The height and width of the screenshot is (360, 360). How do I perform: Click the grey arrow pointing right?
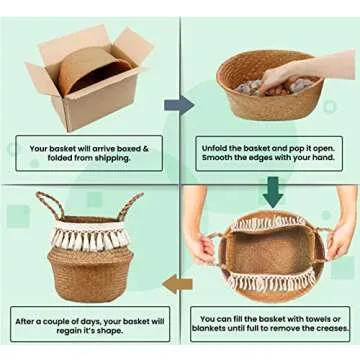pos(178,105)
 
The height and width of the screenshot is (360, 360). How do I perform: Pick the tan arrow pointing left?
pos(178,284)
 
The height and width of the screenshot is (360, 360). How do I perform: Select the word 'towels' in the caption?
pos(321,323)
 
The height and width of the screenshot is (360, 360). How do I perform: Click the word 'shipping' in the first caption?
pos(113,160)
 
